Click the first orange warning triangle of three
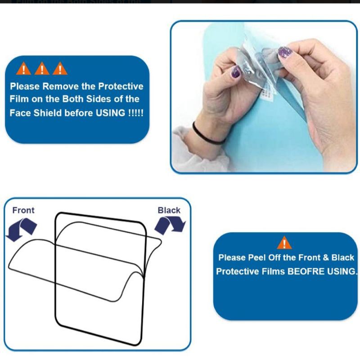pyautogui.click(x=23, y=69)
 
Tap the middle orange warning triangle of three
pyautogui.click(x=42, y=69)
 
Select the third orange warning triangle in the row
pyautogui.click(x=60, y=69)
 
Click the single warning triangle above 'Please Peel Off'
pyautogui.click(x=284, y=243)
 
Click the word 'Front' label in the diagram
pyautogui.click(x=23, y=210)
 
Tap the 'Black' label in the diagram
pyautogui.click(x=169, y=210)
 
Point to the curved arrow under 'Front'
pyautogui.click(x=21, y=229)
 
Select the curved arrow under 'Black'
pyautogui.click(x=170, y=225)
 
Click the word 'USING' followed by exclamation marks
pyautogui.click(x=110, y=113)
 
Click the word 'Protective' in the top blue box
pyautogui.click(x=121, y=86)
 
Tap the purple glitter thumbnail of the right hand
pyautogui.click(x=285, y=52)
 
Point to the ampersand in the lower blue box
pyautogui.click(x=325, y=257)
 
